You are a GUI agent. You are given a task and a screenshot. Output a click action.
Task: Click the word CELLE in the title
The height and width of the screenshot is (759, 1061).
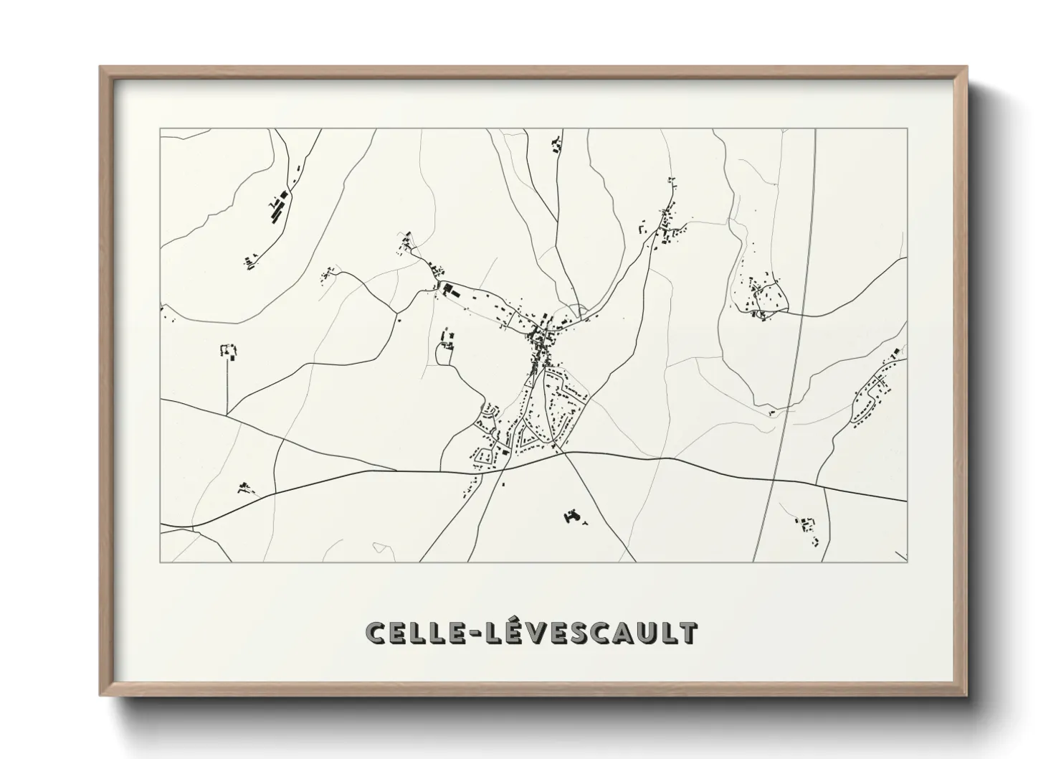point(411,632)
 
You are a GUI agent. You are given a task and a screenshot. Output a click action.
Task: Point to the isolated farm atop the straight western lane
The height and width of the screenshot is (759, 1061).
point(229,352)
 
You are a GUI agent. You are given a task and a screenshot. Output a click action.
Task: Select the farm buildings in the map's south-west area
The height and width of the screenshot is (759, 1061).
point(245,488)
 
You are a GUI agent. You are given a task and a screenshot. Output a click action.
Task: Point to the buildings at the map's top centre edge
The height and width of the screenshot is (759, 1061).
point(556,147)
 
